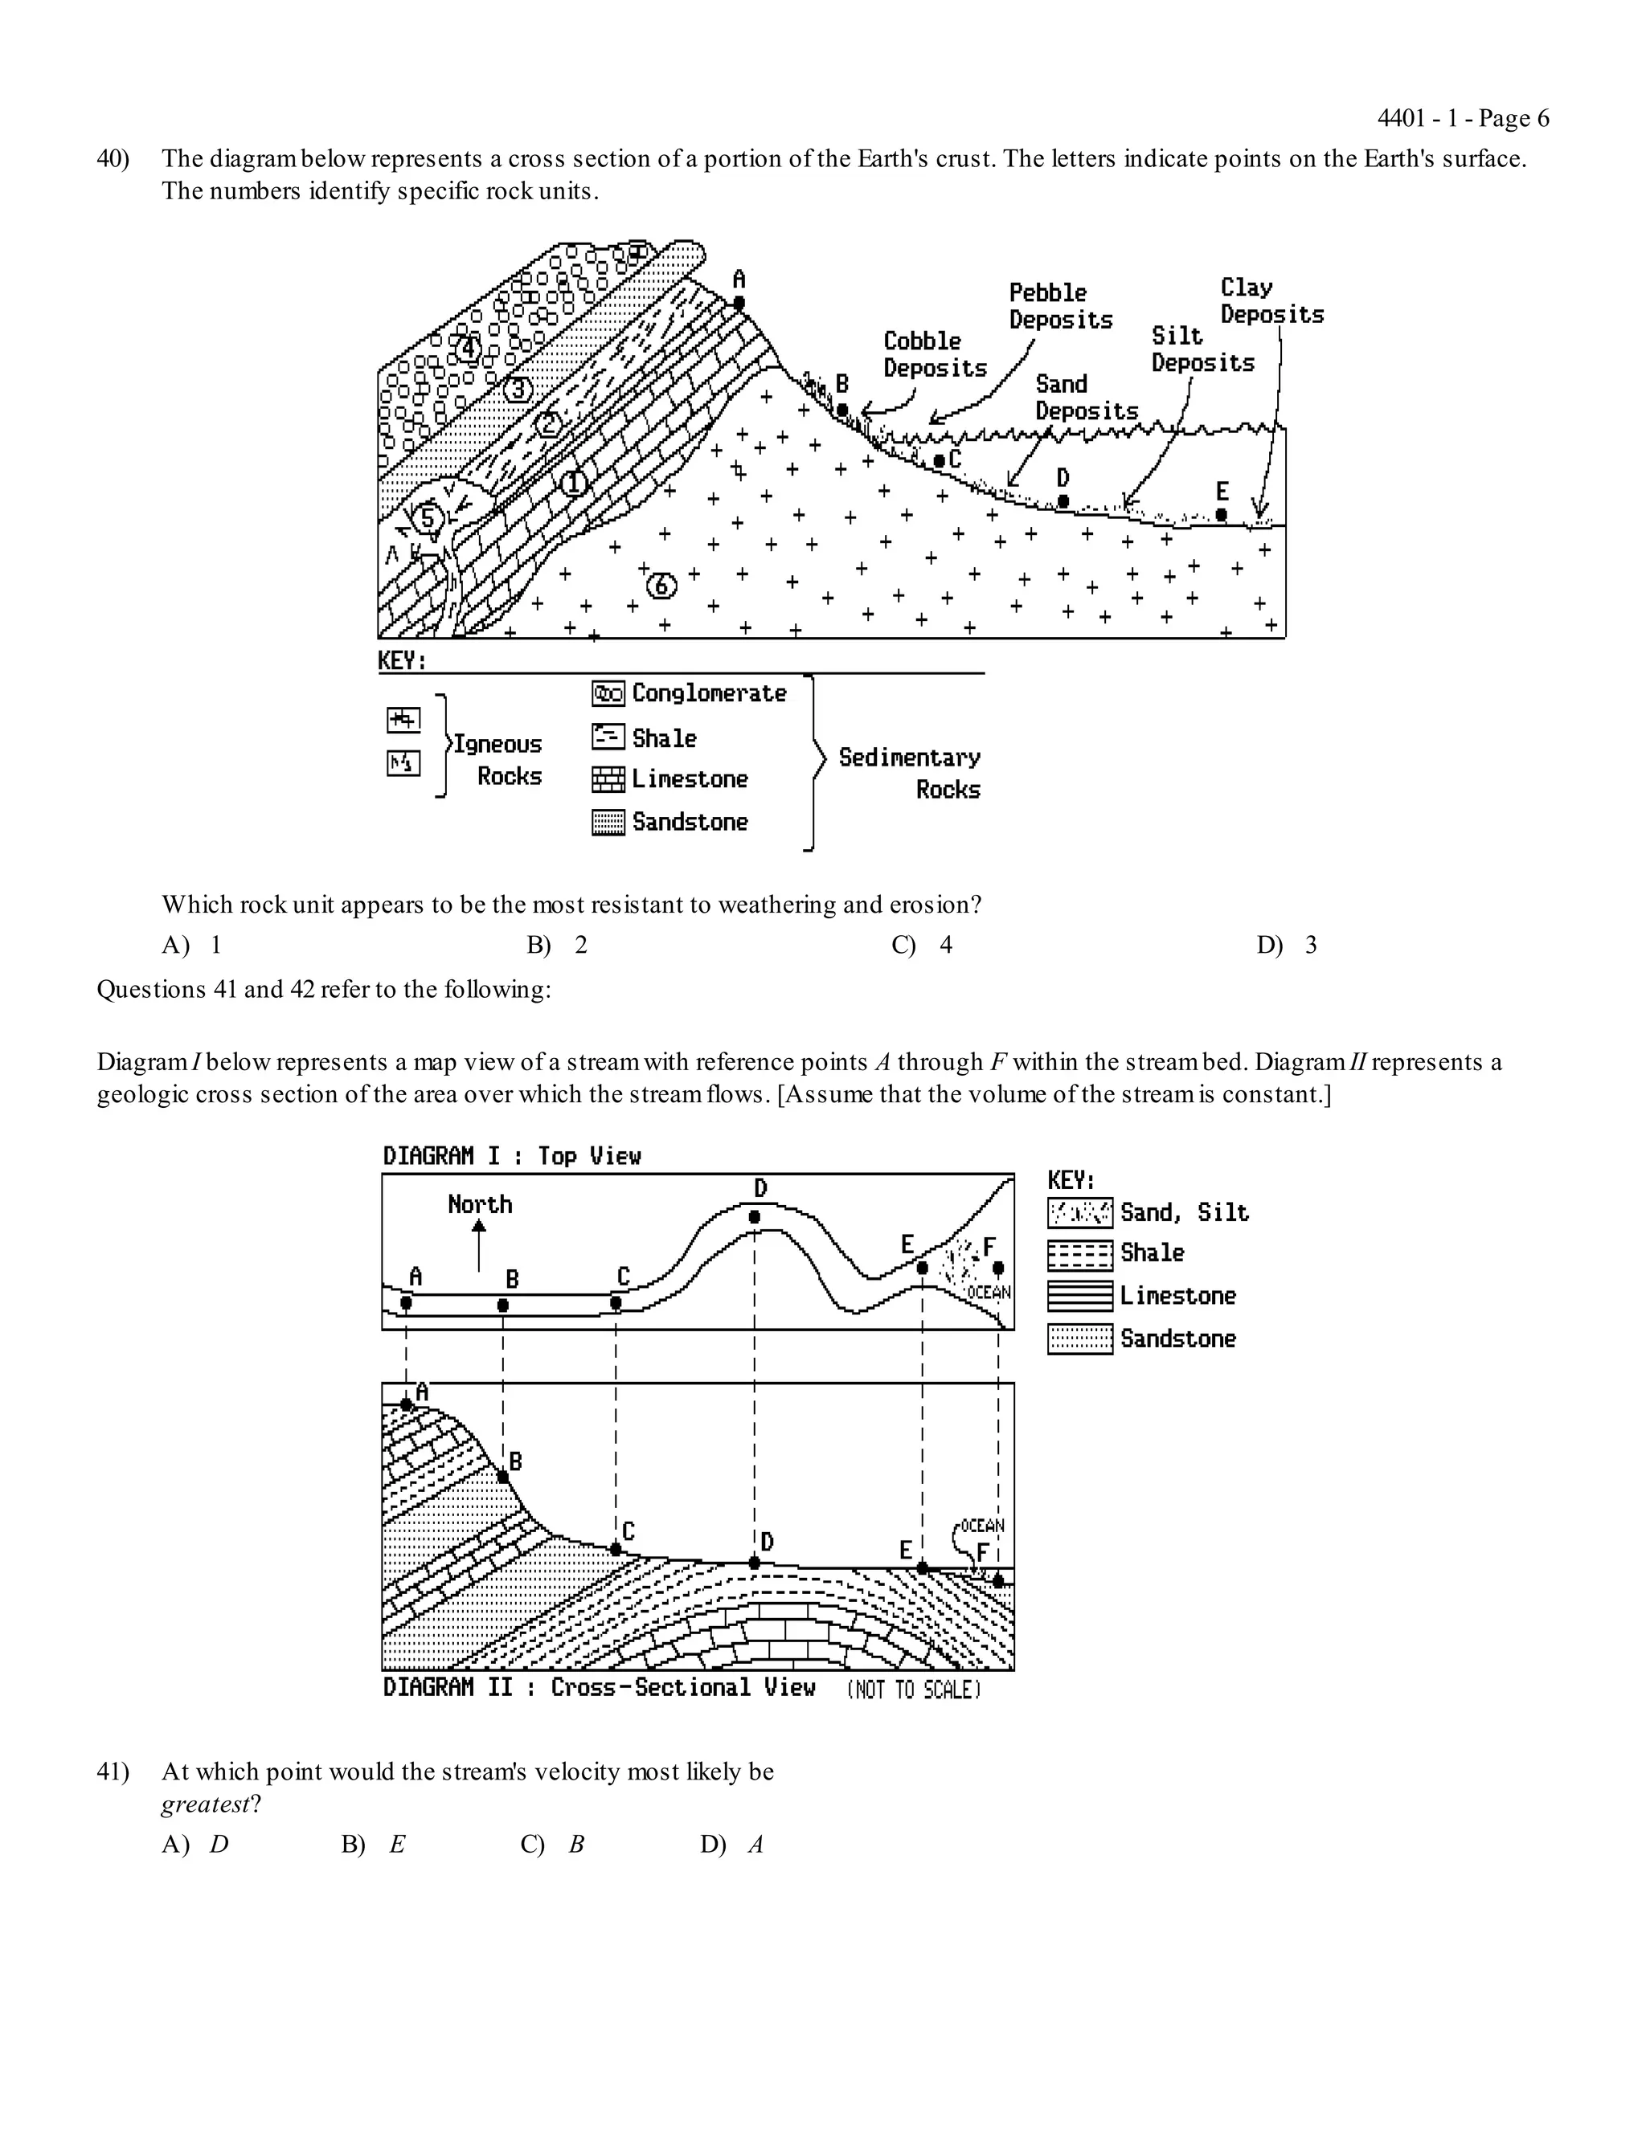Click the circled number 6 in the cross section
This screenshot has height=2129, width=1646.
pos(661,585)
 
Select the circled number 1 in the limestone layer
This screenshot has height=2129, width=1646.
pos(573,481)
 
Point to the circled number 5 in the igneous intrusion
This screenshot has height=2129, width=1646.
pos(426,517)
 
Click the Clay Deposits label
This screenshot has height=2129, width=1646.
pos(1271,301)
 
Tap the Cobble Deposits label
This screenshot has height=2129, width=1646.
pos(934,355)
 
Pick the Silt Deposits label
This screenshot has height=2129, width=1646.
pos(1202,349)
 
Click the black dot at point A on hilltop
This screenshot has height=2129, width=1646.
pos(739,303)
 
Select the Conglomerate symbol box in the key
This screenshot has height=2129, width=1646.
pos(608,694)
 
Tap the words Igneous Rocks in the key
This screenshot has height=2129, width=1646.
pos(497,759)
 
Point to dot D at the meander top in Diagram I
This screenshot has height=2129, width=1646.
pos(755,1216)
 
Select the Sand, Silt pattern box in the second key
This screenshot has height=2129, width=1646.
pos(1079,1212)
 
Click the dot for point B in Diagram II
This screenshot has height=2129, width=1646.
pos(503,1477)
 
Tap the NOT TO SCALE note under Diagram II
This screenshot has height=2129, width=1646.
pos(913,1690)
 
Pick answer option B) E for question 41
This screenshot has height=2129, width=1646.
pos(374,1845)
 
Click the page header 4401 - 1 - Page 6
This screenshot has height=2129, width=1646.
pos(1462,119)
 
